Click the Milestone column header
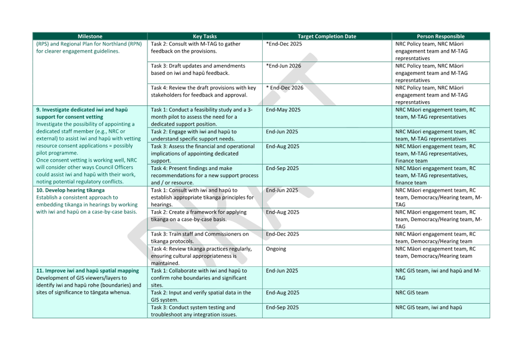click(x=90, y=36)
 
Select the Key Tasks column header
click(x=205, y=36)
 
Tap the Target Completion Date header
click(x=327, y=36)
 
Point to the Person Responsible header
click(x=441, y=36)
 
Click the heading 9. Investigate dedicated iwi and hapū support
click(x=82, y=113)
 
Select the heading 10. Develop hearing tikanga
click(x=70, y=190)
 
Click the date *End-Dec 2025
click(x=284, y=44)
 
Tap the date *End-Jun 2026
click(x=283, y=66)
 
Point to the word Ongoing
click(x=275, y=249)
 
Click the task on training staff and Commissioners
click(x=200, y=237)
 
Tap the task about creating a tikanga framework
click(x=199, y=216)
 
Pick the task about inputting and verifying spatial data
click(x=201, y=296)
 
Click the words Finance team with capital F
click(x=411, y=161)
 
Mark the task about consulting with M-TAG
click(x=196, y=47)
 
